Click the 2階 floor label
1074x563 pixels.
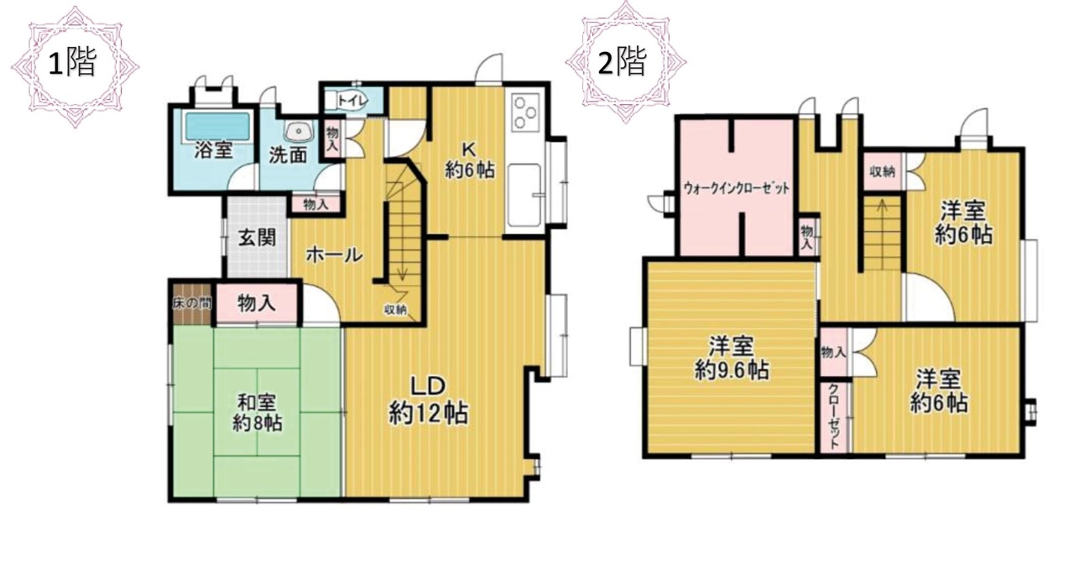click(x=623, y=61)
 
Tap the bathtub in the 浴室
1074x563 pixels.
click(x=217, y=126)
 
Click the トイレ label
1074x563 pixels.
click(x=352, y=102)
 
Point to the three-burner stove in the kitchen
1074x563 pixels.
click(x=525, y=112)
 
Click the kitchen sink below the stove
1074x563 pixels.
click(x=525, y=195)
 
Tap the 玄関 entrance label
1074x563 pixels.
click(x=258, y=237)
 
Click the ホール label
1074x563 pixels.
click(x=334, y=255)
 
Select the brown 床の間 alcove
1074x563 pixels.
click(x=192, y=304)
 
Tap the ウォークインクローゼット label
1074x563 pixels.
click(x=736, y=189)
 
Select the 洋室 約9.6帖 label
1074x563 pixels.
click(x=732, y=357)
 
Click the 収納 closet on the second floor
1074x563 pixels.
click(x=883, y=171)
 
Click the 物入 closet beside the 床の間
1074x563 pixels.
click(x=257, y=304)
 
